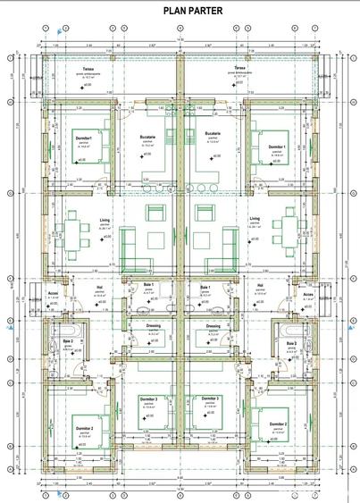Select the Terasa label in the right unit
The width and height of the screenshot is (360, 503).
tap(239, 67)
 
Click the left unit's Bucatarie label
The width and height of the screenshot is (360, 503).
tap(147, 135)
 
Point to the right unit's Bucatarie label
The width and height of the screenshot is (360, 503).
tap(213, 135)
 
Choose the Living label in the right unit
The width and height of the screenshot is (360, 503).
tap(255, 217)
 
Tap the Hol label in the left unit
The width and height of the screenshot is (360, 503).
tap(99, 287)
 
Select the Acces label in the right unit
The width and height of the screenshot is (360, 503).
tap(308, 294)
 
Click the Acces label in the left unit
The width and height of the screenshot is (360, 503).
tap(52, 294)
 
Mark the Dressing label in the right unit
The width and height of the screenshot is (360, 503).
tap(213, 326)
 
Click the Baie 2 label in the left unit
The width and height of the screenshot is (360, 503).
tap(67, 342)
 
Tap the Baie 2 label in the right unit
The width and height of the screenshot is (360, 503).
tap(291, 342)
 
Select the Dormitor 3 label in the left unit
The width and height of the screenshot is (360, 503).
tap(149, 398)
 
